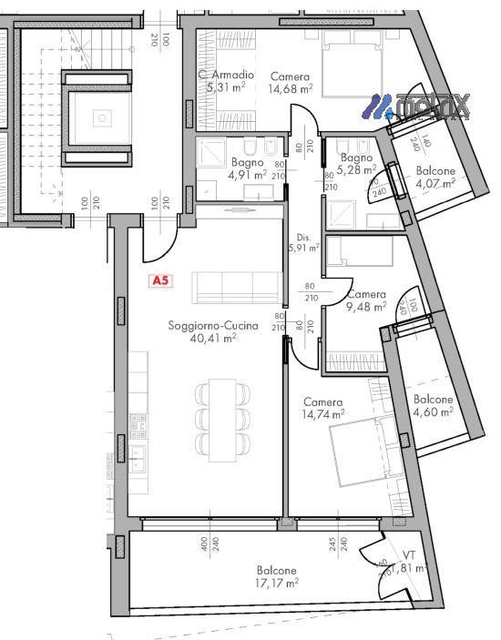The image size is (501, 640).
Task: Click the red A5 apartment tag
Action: pos(160,281)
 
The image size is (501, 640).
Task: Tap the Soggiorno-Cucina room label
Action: pos(212,325)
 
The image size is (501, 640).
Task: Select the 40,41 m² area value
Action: pos(212,338)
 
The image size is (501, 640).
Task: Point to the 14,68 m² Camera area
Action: pos(291,89)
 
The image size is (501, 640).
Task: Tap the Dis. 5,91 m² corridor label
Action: pos(302,241)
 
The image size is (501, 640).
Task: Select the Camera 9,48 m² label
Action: pos(366,300)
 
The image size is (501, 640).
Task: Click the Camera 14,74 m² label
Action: pos(323,408)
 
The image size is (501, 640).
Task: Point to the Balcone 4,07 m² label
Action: pos(435,178)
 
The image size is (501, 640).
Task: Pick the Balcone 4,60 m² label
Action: pos(433,405)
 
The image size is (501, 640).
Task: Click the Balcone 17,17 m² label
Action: pos(275,575)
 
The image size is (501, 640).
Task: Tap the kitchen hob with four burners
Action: pos(138,423)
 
